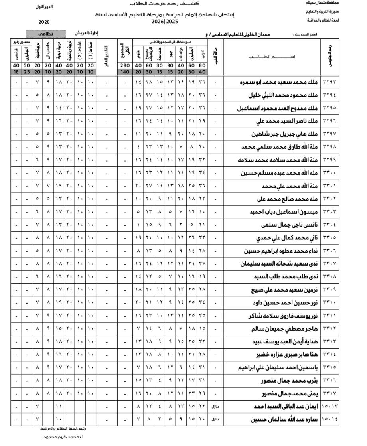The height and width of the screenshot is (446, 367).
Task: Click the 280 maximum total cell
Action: [x=125, y=65]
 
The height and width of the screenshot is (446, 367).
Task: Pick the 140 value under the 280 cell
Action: [x=125, y=72]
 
